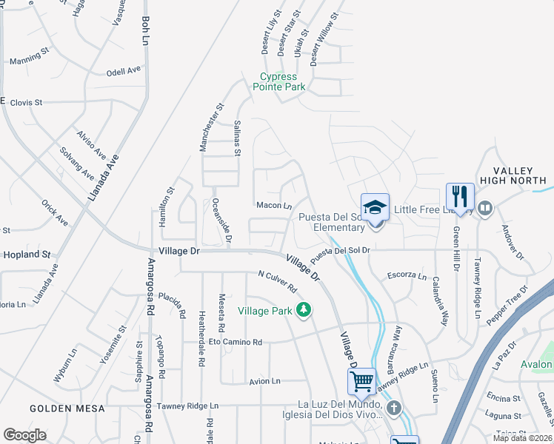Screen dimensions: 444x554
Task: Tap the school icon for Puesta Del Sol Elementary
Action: [x=375, y=208]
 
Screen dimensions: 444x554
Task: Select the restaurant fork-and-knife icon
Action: [x=460, y=197]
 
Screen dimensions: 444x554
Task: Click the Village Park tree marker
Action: [x=302, y=309]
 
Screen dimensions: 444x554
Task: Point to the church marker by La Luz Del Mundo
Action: [x=394, y=407]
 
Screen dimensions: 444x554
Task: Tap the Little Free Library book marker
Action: [x=486, y=208]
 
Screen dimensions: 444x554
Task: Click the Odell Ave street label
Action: [x=124, y=71]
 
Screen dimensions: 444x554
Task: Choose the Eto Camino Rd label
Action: [x=236, y=343]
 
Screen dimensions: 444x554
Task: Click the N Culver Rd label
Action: [x=277, y=280]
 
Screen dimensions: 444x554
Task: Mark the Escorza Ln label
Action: [x=407, y=277]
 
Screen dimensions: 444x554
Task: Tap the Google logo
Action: [x=24, y=435]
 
